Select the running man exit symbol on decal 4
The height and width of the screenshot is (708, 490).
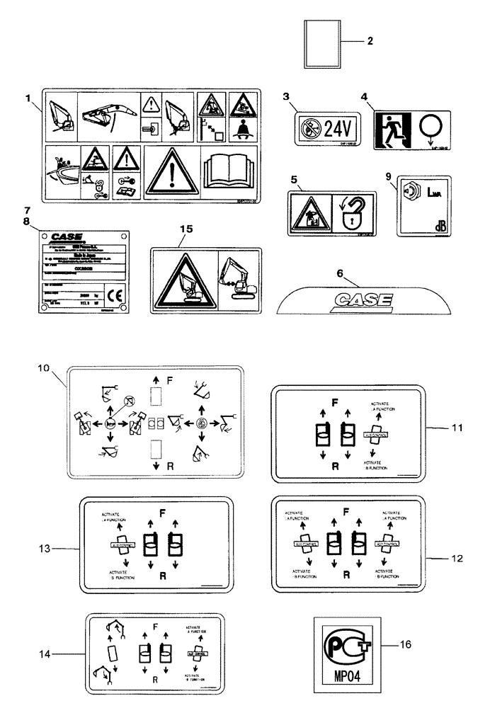pyautogui.click(x=389, y=127)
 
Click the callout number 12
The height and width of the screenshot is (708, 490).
pyautogui.click(x=457, y=557)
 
